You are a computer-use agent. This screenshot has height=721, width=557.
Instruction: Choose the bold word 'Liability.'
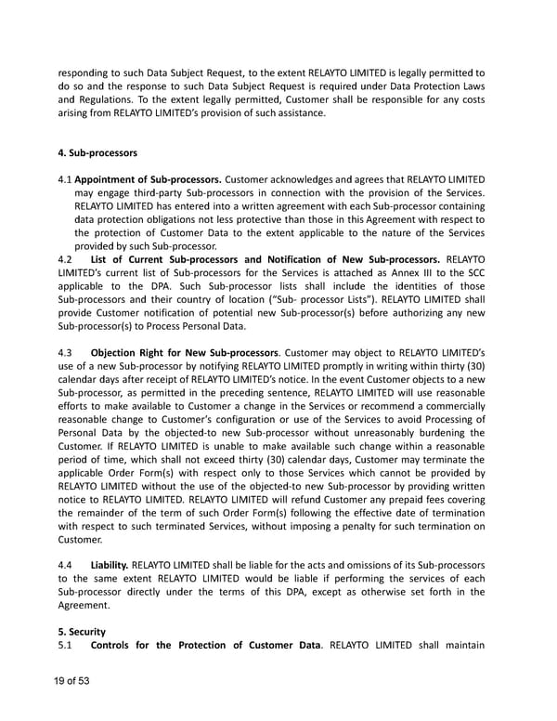tap(110, 564)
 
